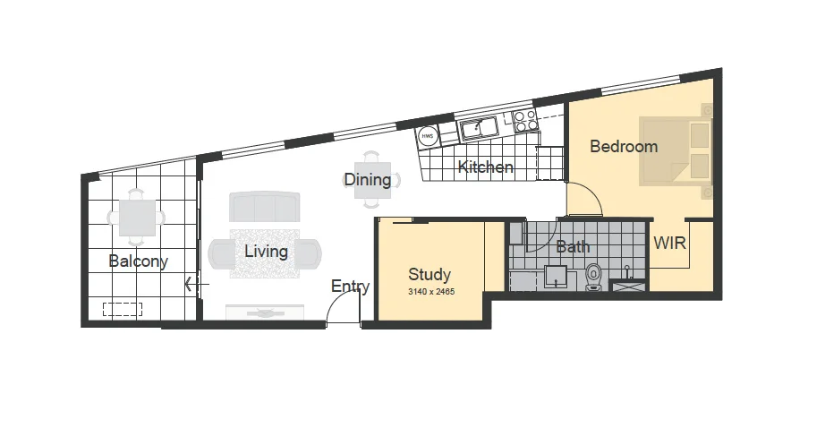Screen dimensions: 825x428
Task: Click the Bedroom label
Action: (624, 146)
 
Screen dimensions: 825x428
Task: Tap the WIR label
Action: (670, 244)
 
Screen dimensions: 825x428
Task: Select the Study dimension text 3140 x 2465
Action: (431, 292)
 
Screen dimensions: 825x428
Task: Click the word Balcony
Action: (138, 261)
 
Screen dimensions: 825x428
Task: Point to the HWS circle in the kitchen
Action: (427, 136)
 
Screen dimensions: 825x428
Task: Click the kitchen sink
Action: (479, 128)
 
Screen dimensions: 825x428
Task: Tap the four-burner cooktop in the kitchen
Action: (525, 121)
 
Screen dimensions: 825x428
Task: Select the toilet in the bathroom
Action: (593, 277)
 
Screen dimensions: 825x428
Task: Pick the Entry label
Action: (350, 287)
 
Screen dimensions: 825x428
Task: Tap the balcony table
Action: (137, 218)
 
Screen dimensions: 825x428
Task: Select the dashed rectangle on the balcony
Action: (123, 310)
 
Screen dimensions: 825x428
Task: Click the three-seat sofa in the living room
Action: (264, 206)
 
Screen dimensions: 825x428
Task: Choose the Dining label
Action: (367, 180)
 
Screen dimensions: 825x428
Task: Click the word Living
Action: (267, 252)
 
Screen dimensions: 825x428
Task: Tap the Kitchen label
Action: (486, 167)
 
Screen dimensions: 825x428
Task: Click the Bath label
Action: (573, 246)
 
